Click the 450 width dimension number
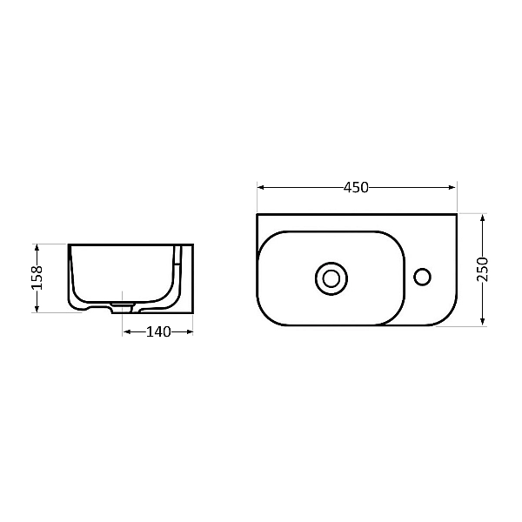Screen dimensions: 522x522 (357, 187)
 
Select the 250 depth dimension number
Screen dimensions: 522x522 (484, 270)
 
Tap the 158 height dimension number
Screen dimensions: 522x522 (37, 278)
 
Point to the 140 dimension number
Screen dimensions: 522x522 (157, 331)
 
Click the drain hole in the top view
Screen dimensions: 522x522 (330, 278)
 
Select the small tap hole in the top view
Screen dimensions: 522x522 (423, 278)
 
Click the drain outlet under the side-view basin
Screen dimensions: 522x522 (123, 308)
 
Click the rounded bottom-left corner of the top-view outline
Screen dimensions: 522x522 (264, 318)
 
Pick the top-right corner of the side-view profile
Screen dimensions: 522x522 (192, 244)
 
